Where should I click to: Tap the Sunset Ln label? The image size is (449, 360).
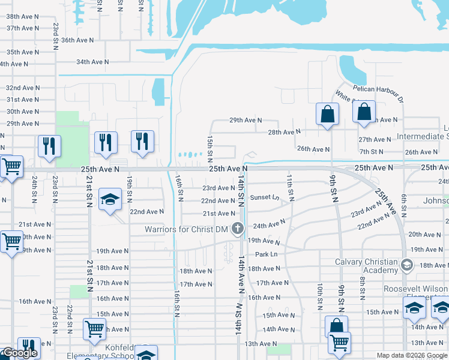(265, 197)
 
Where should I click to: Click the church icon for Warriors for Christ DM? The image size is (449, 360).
(238, 228)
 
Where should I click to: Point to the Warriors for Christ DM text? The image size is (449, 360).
(187, 229)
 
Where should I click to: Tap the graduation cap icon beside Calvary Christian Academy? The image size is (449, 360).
(407, 265)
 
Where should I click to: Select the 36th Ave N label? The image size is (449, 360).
(77, 40)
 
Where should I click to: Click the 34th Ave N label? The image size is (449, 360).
(92, 61)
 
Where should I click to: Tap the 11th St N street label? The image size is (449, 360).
(290, 188)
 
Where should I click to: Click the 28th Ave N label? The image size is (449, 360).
(284, 132)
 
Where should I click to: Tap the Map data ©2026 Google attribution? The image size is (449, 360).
(412, 355)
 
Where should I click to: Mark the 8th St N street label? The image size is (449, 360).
(363, 288)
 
